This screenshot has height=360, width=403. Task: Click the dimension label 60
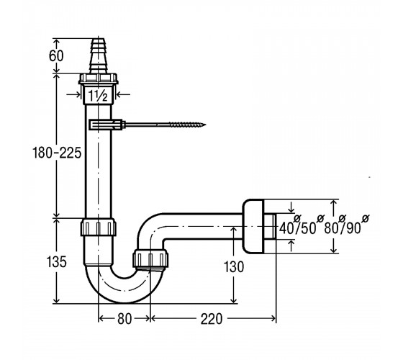56,56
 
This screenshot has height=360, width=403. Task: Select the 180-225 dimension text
57,153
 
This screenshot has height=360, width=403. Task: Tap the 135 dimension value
56,262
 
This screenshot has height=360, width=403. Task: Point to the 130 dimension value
234,266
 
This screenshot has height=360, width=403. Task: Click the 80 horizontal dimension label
124,319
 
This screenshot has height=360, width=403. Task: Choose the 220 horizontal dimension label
212,319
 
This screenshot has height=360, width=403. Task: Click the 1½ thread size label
98,96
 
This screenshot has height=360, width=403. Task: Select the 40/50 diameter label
299,226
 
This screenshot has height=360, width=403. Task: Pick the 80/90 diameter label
346,226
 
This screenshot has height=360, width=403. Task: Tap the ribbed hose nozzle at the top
99,56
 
